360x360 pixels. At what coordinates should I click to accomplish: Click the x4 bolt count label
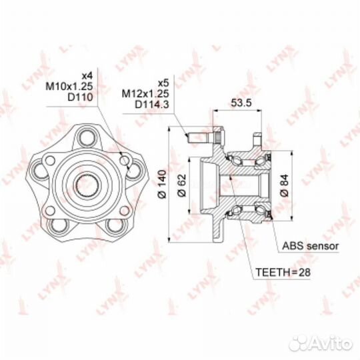[x=87, y=75]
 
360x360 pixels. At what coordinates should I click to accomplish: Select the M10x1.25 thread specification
[x=69, y=86]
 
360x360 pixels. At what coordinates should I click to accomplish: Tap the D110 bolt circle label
[x=80, y=97]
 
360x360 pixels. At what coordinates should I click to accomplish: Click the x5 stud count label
[x=163, y=83]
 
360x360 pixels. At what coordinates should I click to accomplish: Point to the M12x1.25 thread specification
[x=145, y=94]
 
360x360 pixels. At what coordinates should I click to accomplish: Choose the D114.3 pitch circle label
[x=152, y=105]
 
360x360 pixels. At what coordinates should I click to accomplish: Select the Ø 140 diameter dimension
[x=162, y=184]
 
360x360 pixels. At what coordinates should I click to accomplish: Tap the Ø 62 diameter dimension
[x=181, y=185]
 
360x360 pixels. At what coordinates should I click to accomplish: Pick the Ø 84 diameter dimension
[x=284, y=185]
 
